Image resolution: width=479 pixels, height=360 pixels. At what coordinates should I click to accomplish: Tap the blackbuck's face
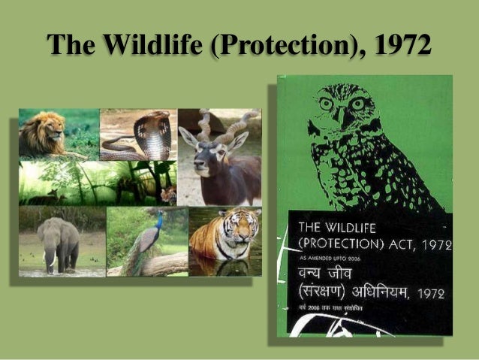click(x=211, y=153)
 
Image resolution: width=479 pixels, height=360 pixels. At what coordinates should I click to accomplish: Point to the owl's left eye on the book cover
click(x=327, y=102)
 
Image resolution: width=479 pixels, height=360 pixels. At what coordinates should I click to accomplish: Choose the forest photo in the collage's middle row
click(x=98, y=182)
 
